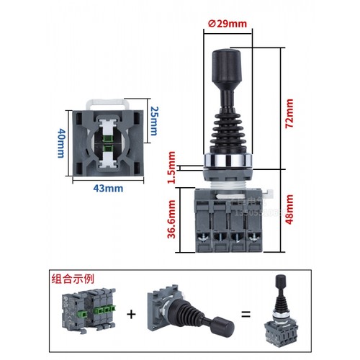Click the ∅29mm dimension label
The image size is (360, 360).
point(228,23)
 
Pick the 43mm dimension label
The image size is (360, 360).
point(109,189)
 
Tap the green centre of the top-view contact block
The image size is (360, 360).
point(109,141)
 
